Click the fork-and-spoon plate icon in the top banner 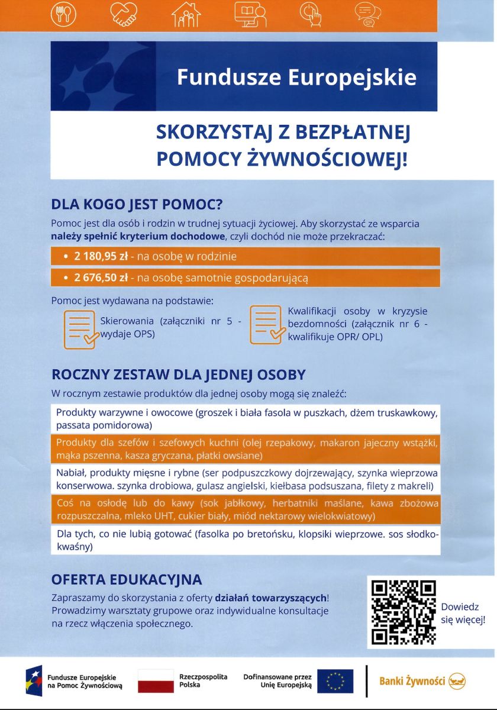click(63, 14)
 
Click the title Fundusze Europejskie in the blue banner click(296, 78)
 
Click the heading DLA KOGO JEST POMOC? click(137, 205)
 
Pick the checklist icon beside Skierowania click(80, 329)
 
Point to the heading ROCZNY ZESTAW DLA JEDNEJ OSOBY click(179, 375)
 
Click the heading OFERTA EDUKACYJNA click(127, 579)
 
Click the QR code click(403, 612)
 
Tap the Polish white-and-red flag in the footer click(156, 681)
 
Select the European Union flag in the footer click(335, 681)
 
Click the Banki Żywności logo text click(412, 681)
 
